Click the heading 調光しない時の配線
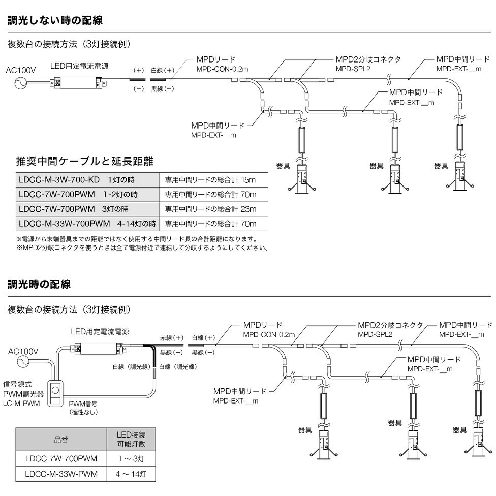tap(55, 21)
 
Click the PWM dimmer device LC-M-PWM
tap(57, 392)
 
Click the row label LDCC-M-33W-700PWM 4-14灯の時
tap(87, 223)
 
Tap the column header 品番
tap(61, 438)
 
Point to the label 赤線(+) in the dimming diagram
tap(171, 338)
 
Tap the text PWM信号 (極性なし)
tap(83, 408)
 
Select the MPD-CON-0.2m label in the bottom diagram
tap(268, 334)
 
